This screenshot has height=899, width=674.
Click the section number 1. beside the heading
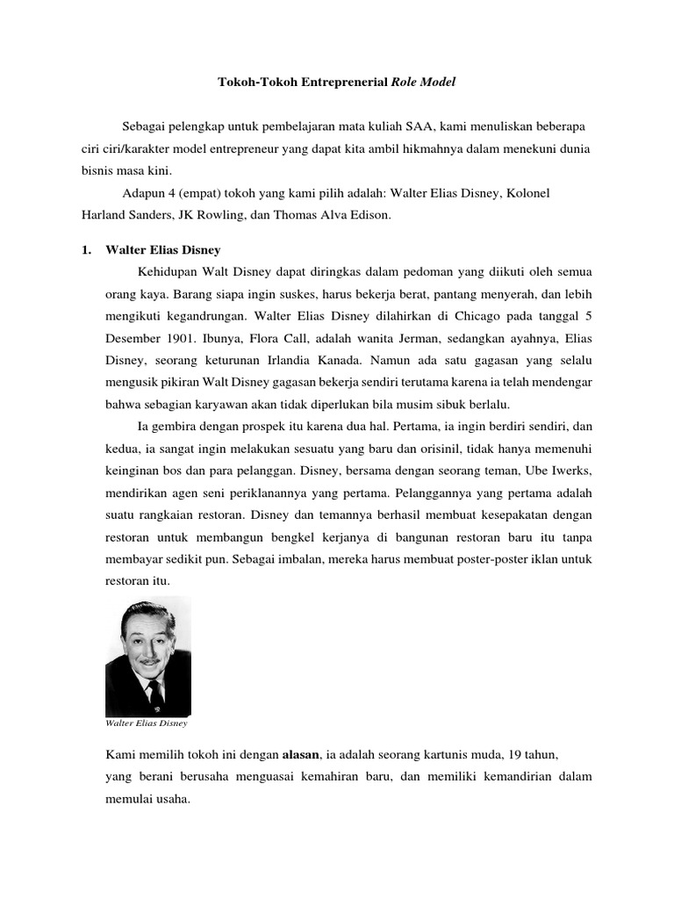[86, 250]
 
